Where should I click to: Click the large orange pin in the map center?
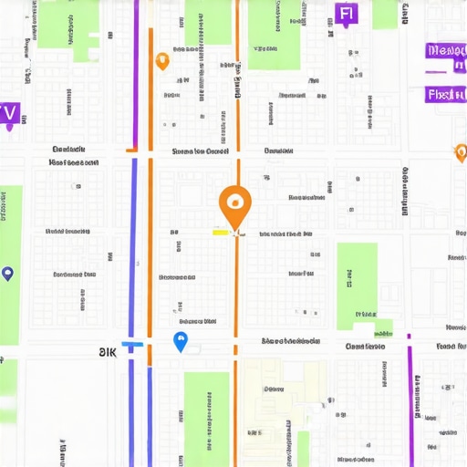tap(234, 204)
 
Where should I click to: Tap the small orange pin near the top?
tap(162, 61)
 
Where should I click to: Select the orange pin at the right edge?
tap(461, 151)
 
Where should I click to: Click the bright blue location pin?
tap(181, 342)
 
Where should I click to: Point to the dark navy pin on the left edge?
tap(8, 273)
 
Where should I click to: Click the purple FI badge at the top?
tap(345, 14)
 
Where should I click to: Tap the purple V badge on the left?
tap(9, 113)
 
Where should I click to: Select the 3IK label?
tap(109, 351)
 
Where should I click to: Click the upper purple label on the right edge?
tap(445, 53)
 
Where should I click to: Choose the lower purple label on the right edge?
tap(445, 94)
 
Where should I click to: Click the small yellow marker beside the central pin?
tap(221, 233)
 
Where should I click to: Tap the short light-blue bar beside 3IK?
tap(132, 344)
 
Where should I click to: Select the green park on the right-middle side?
tap(357, 285)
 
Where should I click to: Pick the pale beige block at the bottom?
tap(283, 410)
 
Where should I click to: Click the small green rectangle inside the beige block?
tap(303, 448)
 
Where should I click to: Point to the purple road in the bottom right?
tap(410, 401)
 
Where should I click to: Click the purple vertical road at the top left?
tap(136, 73)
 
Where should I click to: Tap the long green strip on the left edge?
tap(10, 265)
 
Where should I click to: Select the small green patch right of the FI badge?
tap(384, 14)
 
